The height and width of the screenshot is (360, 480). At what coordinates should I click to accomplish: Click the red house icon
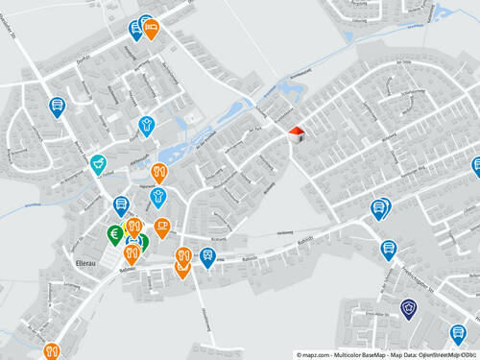point(297,132)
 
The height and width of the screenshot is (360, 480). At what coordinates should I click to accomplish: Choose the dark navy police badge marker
point(409,308)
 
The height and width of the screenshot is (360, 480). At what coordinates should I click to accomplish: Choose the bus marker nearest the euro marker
point(121,204)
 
